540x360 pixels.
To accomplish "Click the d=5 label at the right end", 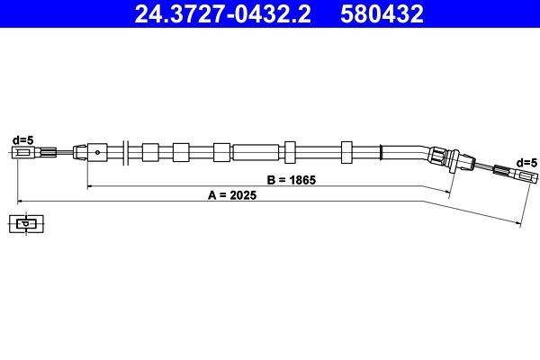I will (526, 161).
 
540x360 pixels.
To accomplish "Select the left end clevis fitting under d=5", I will (26, 153).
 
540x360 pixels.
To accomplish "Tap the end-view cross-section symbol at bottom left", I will (27, 223).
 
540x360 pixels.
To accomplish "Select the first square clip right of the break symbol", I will (149, 151).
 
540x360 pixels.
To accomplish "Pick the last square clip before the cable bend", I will (347, 151).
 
